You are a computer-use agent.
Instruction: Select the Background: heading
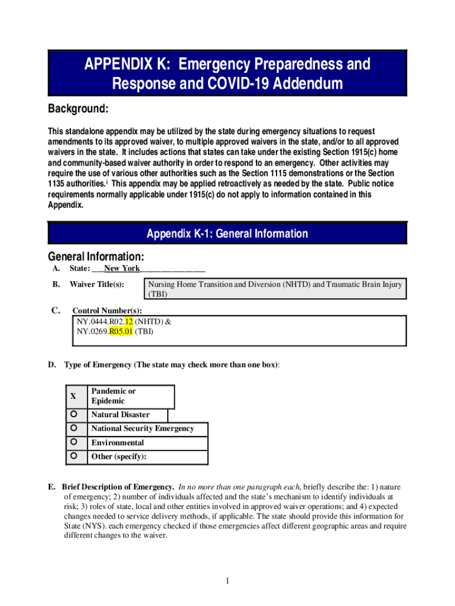[77, 109]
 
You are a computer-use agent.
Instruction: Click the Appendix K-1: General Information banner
[227, 234]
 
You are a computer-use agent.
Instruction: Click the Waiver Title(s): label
[96, 285]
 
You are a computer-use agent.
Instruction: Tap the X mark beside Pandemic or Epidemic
[73, 396]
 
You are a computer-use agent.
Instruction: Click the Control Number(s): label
[106, 311]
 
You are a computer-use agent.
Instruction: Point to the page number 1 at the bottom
[227, 581]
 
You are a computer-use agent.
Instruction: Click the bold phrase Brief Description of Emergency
[118, 486]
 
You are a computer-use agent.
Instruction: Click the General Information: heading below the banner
[96, 257]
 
